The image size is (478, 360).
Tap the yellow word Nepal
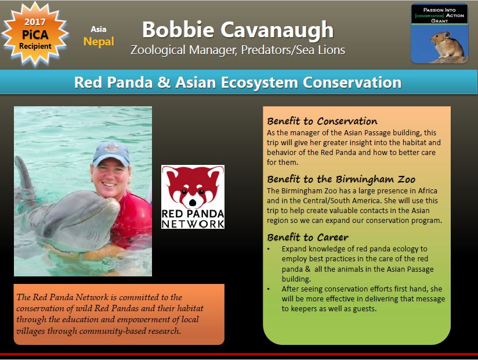click(99, 42)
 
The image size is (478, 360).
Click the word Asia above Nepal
click(99, 29)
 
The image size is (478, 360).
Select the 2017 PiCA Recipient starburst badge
click(35, 34)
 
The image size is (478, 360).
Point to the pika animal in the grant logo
click(446, 45)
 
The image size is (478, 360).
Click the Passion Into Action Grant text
click(439, 15)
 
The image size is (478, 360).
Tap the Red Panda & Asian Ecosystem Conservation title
click(238, 82)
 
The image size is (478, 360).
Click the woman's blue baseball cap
click(111, 154)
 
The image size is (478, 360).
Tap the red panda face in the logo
click(193, 187)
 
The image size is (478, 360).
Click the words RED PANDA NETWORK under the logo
click(193, 219)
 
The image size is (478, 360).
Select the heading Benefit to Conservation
click(322, 121)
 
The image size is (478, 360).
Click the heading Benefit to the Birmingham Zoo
click(341, 179)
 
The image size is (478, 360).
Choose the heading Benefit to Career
click(307, 237)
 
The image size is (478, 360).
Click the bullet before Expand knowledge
click(268, 249)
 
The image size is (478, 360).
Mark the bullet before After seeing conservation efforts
click(268, 289)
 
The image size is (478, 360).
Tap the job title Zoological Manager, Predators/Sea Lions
click(238, 50)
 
